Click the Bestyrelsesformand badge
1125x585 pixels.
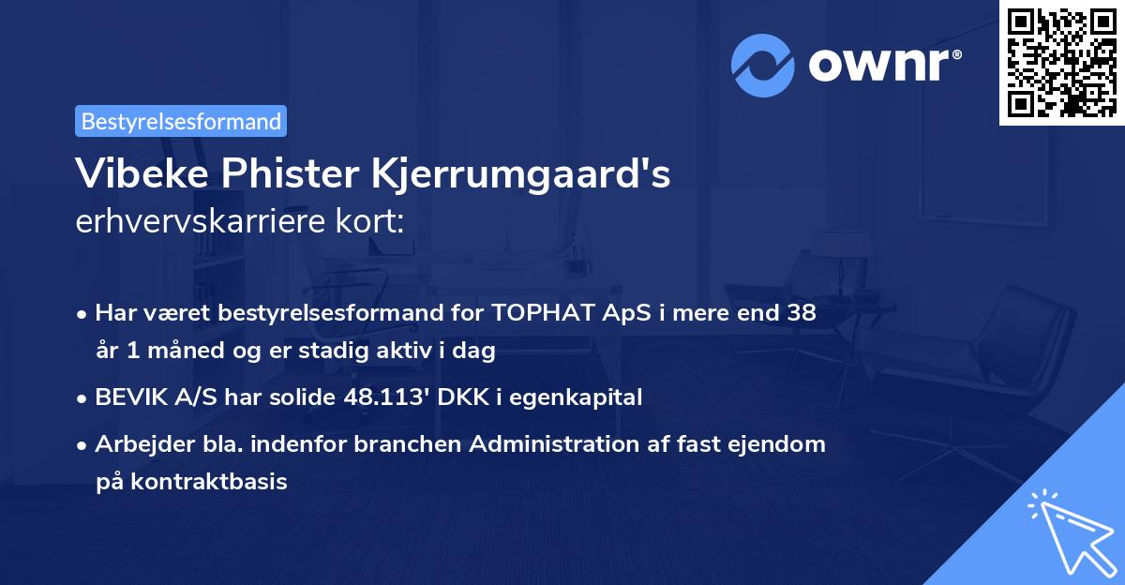(x=181, y=121)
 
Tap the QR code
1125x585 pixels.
(x=1061, y=63)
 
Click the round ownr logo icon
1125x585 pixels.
(x=763, y=65)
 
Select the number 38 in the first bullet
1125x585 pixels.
(x=802, y=313)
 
